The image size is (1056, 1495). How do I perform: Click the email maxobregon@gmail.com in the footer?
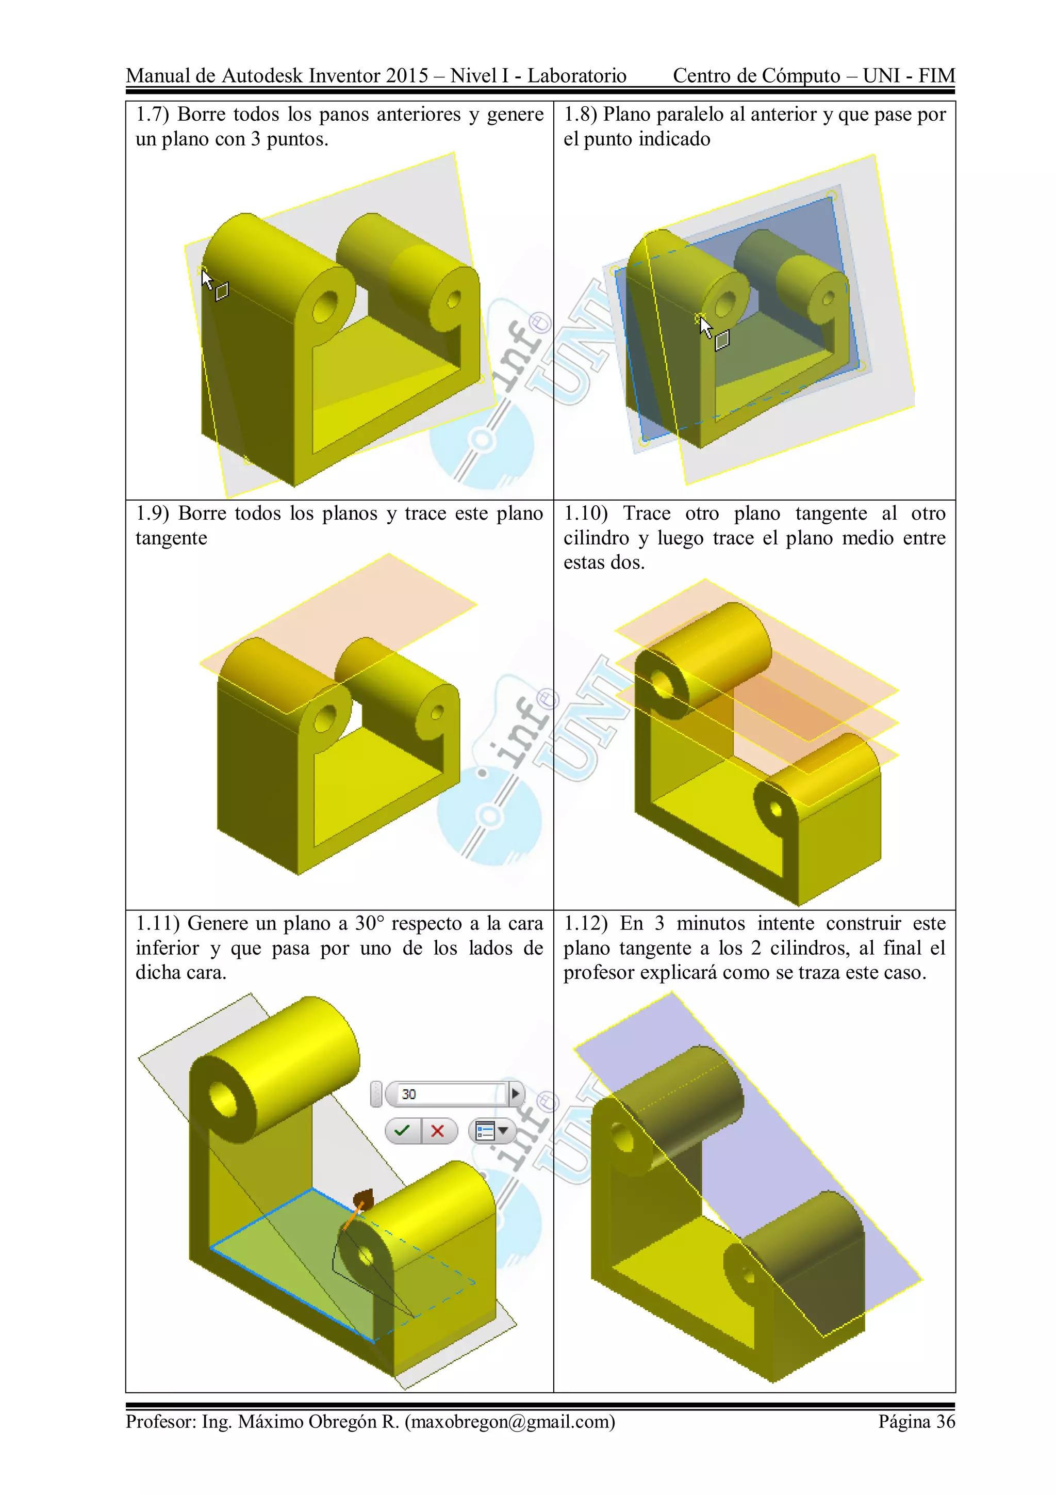coord(509,1421)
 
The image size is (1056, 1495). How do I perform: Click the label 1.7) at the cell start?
coord(152,115)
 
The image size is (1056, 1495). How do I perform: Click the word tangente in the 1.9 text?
coord(171,538)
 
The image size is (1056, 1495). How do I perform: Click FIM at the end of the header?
coord(936,75)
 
